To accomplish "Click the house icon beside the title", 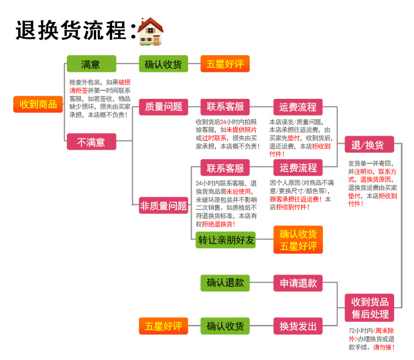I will click(x=150, y=31).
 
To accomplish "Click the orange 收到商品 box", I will click(x=39, y=104).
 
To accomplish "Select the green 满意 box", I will click(x=91, y=63).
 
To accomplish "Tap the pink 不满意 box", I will click(x=91, y=142).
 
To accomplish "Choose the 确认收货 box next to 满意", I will click(x=163, y=64).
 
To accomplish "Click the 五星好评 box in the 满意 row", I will click(x=225, y=64).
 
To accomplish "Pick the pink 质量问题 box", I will click(x=163, y=107).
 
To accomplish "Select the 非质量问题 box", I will click(x=163, y=205).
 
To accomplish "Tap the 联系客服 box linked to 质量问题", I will click(x=225, y=107).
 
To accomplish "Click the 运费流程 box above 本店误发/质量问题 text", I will click(x=298, y=107).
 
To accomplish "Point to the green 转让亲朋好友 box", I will click(x=226, y=240).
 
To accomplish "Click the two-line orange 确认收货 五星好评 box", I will click(x=298, y=240).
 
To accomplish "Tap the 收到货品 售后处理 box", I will click(x=370, y=308).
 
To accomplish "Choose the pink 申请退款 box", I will click(x=298, y=283).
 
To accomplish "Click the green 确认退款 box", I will click(x=225, y=283).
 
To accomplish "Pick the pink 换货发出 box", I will click(x=298, y=326).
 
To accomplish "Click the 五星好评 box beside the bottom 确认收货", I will click(x=163, y=326).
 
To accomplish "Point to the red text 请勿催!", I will click(x=384, y=347).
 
